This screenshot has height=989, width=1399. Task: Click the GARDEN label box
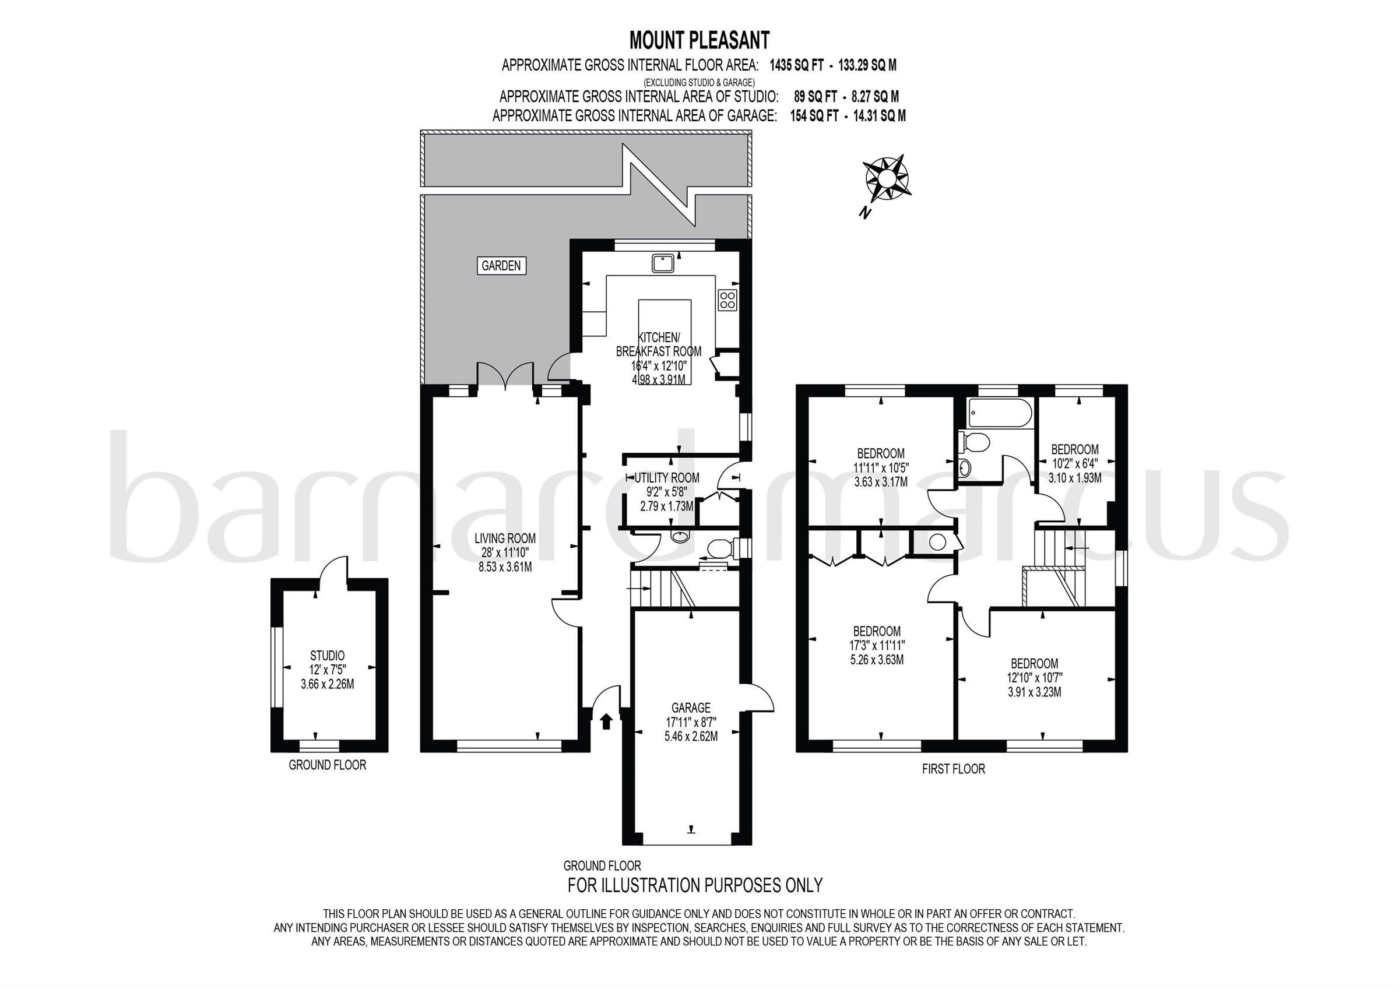pos(501,266)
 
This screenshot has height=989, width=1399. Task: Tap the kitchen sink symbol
pos(662,263)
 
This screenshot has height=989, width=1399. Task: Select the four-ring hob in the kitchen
pos(727,299)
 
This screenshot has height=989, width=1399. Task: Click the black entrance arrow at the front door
pos(606,722)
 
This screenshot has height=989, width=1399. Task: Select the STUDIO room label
pos(327,656)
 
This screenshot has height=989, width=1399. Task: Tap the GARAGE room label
pos(691,708)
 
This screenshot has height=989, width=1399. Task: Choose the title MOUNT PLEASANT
pos(699,40)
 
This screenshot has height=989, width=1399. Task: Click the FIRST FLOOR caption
pos(953,769)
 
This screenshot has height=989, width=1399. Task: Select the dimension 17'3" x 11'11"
pos(877,645)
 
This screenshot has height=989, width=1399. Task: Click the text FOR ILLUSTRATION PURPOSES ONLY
pos(695,885)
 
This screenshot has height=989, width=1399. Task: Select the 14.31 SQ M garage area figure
pos(879,116)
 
